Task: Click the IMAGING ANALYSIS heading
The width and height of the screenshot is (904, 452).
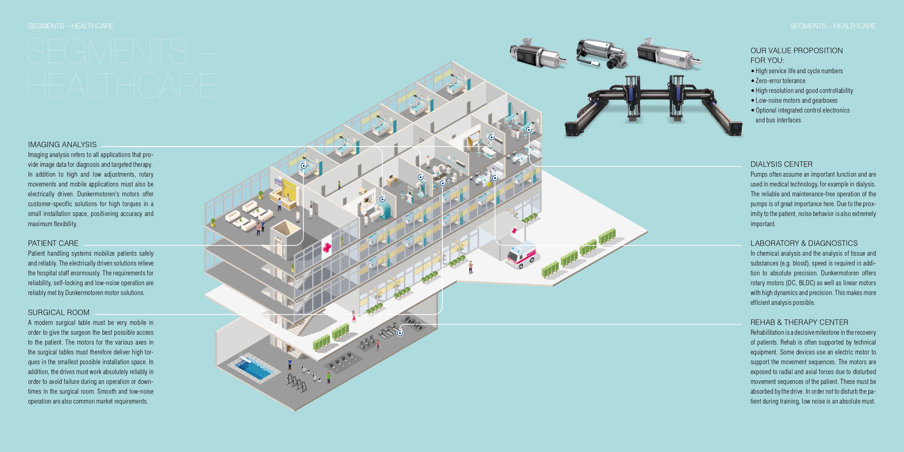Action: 62,145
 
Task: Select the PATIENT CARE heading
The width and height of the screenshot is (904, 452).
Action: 53,243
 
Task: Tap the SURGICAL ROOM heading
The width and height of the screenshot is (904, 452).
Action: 59,313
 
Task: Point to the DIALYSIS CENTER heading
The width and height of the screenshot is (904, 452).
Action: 782,164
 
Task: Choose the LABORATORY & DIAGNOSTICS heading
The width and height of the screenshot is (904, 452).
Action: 804,243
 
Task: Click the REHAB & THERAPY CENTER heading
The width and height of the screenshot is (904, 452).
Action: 799,322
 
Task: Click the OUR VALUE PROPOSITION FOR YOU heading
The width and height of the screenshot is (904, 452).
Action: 797,55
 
